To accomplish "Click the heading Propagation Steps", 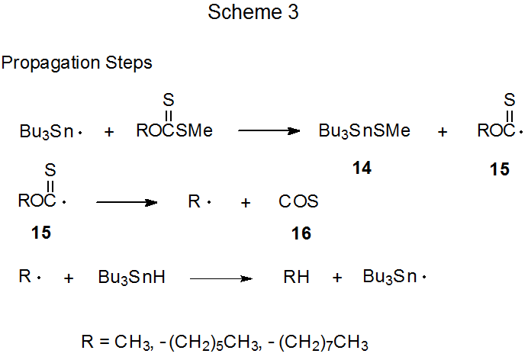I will [x=77, y=63].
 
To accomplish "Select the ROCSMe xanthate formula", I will [x=174, y=131].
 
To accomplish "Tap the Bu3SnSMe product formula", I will [x=364, y=131].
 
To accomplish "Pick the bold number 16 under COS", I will [x=301, y=234].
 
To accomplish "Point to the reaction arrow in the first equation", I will [x=269, y=131].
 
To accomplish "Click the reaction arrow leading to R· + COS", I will [x=126, y=202].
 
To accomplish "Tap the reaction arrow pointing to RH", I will [x=221, y=279].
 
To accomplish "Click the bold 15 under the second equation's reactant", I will [x=42, y=233].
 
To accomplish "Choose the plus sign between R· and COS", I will [x=245, y=203].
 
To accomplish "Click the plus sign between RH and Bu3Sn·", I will [x=337, y=278].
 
